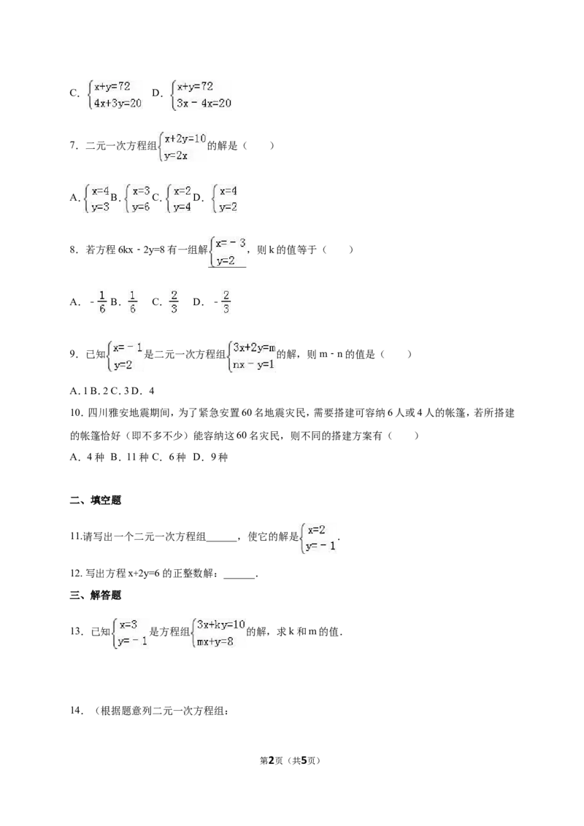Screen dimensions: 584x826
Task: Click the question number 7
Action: coord(74,145)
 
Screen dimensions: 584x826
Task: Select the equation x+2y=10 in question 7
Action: coord(185,139)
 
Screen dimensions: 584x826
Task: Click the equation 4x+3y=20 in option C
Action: coord(118,104)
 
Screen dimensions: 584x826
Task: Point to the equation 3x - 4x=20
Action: coord(204,104)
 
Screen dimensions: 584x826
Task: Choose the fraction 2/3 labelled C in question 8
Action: coord(174,302)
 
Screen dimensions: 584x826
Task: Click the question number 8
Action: coord(74,250)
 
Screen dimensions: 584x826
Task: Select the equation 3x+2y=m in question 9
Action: coord(254,347)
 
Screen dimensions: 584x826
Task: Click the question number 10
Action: coord(77,413)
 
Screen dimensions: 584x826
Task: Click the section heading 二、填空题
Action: coord(96,501)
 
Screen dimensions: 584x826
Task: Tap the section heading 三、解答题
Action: coord(96,595)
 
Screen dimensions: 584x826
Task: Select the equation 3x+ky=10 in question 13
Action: coord(221,625)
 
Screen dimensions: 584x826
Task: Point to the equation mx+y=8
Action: coord(215,641)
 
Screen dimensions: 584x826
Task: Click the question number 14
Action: coord(77,711)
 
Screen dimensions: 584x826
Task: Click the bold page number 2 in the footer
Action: coord(272,760)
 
